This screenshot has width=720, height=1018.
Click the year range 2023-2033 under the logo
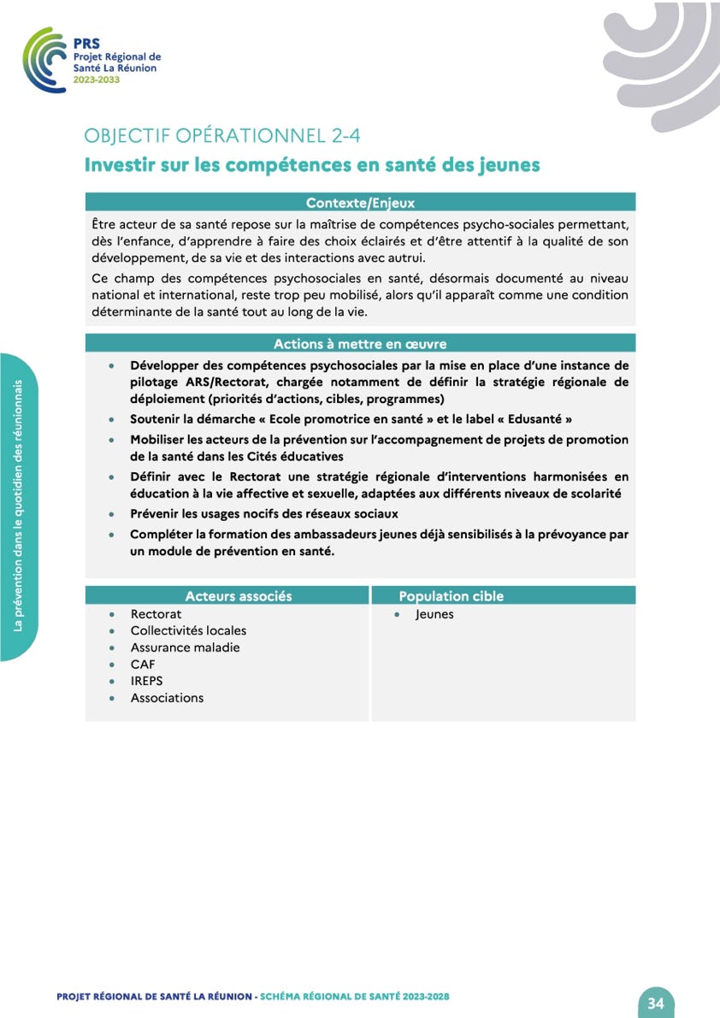[97, 79]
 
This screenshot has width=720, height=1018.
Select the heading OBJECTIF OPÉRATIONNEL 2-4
[228, 136]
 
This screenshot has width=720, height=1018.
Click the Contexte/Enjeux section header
[360, 203]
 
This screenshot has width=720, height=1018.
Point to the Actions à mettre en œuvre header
[360, 344]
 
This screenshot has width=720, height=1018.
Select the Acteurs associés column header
[239, 596]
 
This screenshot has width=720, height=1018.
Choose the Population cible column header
[451, 596]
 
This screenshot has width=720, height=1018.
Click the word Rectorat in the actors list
[156, 614]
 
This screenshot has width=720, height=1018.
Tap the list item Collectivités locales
[188, 630]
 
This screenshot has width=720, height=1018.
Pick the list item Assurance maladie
[185, 648]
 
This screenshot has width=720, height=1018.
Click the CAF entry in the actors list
[143, 664]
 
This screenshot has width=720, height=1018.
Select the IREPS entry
[146, 681]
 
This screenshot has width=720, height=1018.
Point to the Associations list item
[167, 698]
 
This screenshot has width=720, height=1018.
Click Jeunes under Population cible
[434, 614]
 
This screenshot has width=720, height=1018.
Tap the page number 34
[656, 1003]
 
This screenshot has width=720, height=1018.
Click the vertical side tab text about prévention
[17, 506]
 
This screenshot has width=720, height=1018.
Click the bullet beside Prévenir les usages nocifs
[111, 515]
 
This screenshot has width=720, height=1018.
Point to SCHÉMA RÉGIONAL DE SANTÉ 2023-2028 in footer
[355, 997]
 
